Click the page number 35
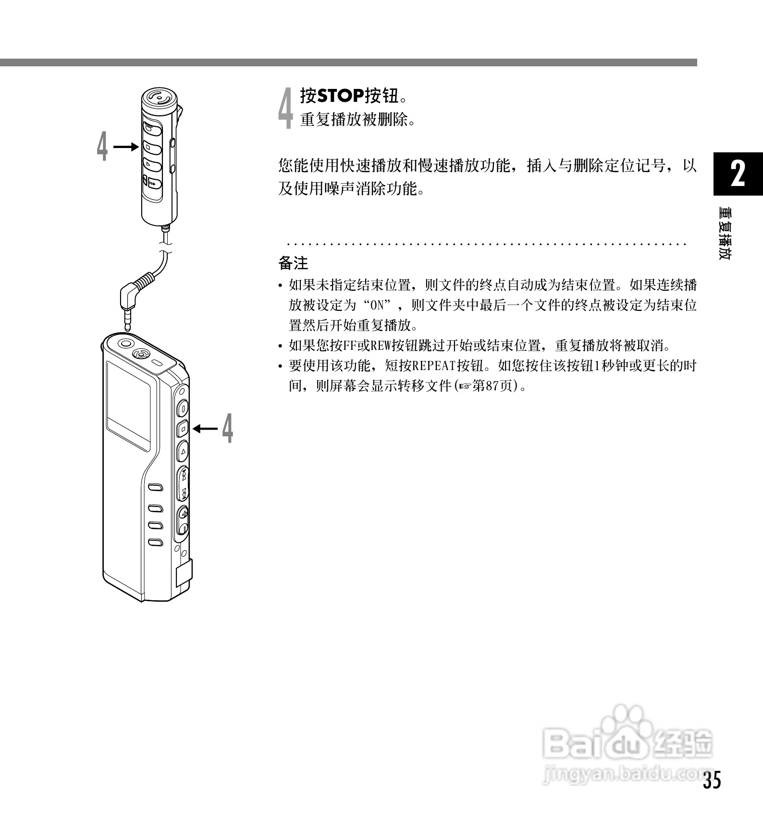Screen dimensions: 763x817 click(x=712, y=780)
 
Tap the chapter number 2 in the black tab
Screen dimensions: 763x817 click(x=738, y=173)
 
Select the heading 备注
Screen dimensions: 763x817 click(x=293, y=263)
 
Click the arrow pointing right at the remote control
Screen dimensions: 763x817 click(x=126, y=147)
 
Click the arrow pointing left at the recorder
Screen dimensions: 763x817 click(x=206, y=428)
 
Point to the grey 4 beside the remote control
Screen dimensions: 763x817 click(x=102, y=147)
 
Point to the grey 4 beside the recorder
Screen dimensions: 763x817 click(x=228, y=428)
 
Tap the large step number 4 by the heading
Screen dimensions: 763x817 click(x=286, y=108)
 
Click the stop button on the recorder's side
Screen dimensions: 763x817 click(x=183, y=428)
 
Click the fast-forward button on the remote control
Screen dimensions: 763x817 click(x=153, y=183)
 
